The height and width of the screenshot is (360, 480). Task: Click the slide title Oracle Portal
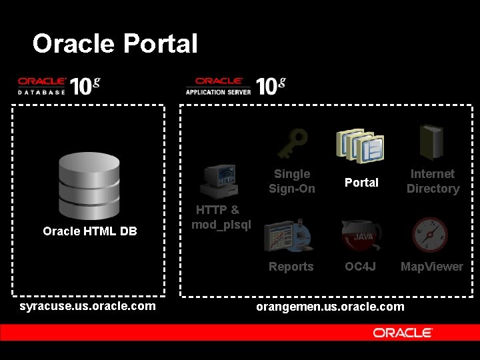tap(115, 44)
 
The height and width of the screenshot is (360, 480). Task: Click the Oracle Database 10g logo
tap(59, 86)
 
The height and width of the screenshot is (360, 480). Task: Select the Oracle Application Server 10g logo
tap(235, 86)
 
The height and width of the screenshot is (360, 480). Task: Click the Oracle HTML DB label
tap(90, 231)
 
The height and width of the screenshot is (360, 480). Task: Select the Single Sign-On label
tap(292, 181)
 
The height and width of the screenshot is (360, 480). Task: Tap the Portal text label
tap(361, 183)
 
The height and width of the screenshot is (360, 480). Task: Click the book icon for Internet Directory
tap(431, 141)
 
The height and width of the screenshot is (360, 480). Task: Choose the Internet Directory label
tap(433, 181)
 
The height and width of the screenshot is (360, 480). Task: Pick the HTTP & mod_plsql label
tap(221, 217)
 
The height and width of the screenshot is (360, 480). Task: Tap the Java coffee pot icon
tap(361, 235)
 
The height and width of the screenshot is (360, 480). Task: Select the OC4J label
tap(361, 267)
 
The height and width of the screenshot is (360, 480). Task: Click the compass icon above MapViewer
tap(430, 235)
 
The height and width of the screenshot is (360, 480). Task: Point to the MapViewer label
tap(431, 267)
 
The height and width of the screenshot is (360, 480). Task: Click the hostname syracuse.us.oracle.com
tap(88, 306)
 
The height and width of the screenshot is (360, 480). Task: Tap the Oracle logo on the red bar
tap(403, 332)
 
